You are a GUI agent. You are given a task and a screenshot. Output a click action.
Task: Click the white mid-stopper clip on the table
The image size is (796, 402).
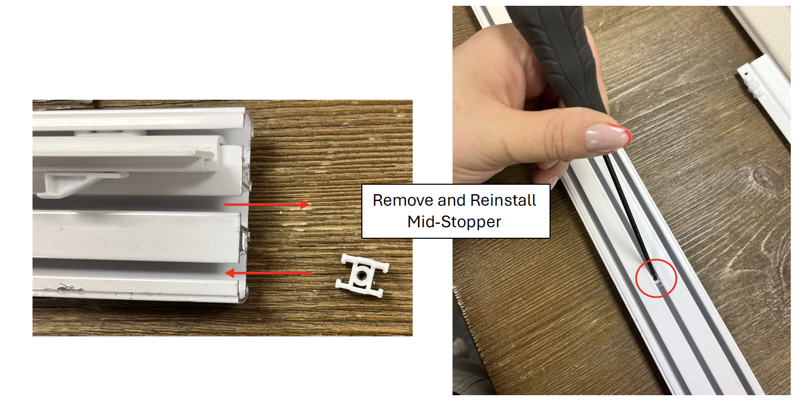(x=362, y=276)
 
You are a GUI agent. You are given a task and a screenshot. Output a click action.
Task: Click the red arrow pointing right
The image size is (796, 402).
(x=267, y=205)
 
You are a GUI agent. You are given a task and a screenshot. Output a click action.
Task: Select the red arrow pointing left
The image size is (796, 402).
(x=268, y=273)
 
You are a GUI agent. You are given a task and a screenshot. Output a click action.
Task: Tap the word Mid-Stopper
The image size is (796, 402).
(x=454, y=222)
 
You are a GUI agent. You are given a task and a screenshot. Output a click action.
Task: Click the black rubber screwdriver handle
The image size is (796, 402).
(x=558, y=54)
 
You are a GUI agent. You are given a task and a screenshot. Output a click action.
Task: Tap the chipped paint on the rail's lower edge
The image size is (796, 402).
(x=68, y=289)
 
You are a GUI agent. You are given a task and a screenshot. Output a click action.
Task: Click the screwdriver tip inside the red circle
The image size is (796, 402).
(x=656, y=280)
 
